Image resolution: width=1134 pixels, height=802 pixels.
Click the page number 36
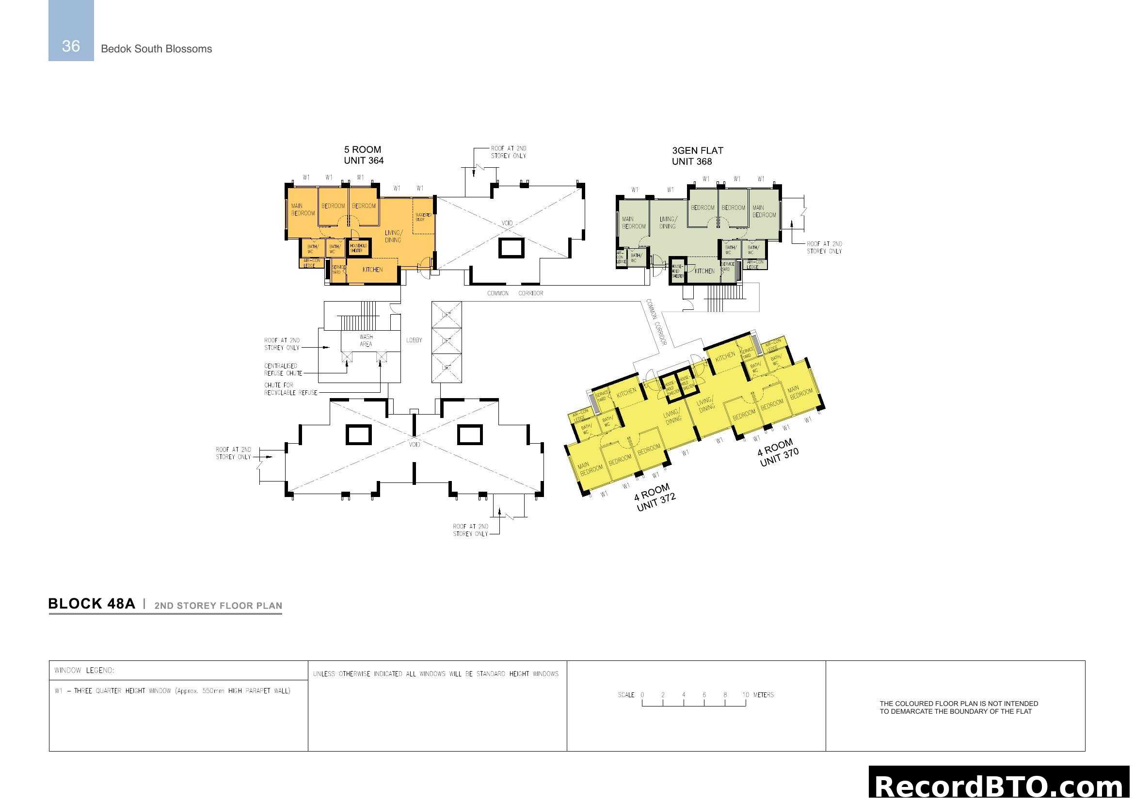click(x=71, y=46)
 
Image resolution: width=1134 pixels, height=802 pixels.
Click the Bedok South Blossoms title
click(x=156, y=49)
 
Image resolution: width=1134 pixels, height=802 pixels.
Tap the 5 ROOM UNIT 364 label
click(x=364, y=155)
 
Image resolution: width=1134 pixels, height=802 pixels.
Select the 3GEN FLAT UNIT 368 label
click(x=697, y=156)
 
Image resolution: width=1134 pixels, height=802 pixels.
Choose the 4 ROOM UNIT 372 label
click(x=655, y=498)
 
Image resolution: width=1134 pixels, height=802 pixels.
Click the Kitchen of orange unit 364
click(x=372, y=270)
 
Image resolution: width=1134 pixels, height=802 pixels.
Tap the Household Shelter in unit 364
click(x=358, y=248)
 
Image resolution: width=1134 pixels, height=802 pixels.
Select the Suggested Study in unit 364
click(x=423, y=217)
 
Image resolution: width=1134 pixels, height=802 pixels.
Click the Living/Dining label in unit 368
click(x=667, y=223)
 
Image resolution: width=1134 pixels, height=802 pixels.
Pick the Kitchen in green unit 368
click(x=704, y=271)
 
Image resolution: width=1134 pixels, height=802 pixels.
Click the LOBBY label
click(x=414, y=340)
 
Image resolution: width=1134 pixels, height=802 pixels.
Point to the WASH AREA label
click(x=366, y=340)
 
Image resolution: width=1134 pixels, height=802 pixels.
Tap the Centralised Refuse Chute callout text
click(x=283, y=369)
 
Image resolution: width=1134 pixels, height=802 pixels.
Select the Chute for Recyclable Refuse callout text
click(x=290, y=389)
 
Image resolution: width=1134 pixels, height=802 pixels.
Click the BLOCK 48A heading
click(x=91, y=604)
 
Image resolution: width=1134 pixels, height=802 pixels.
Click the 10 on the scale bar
click(x=746, y=695)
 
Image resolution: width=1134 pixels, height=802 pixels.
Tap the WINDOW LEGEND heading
click(x=84, y=670)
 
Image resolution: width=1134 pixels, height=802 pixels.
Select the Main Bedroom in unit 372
click(x=591, y=469)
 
